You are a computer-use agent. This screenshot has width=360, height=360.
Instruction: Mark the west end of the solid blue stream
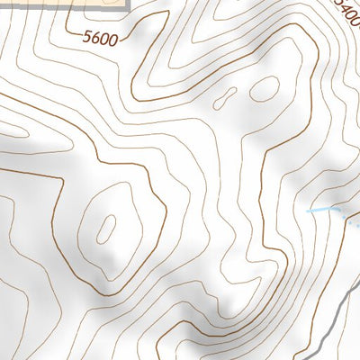click(x=308, y=211)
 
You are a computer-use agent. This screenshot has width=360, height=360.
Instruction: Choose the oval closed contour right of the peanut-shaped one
click(x=265, y=88)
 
